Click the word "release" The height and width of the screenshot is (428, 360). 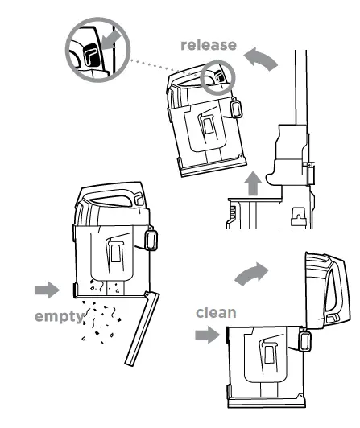pos(209,46)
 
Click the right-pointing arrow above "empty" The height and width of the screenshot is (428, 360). pos(48,289)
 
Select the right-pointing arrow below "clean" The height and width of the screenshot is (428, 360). pos(208,335)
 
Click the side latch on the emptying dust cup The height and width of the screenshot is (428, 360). pos(150,239)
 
